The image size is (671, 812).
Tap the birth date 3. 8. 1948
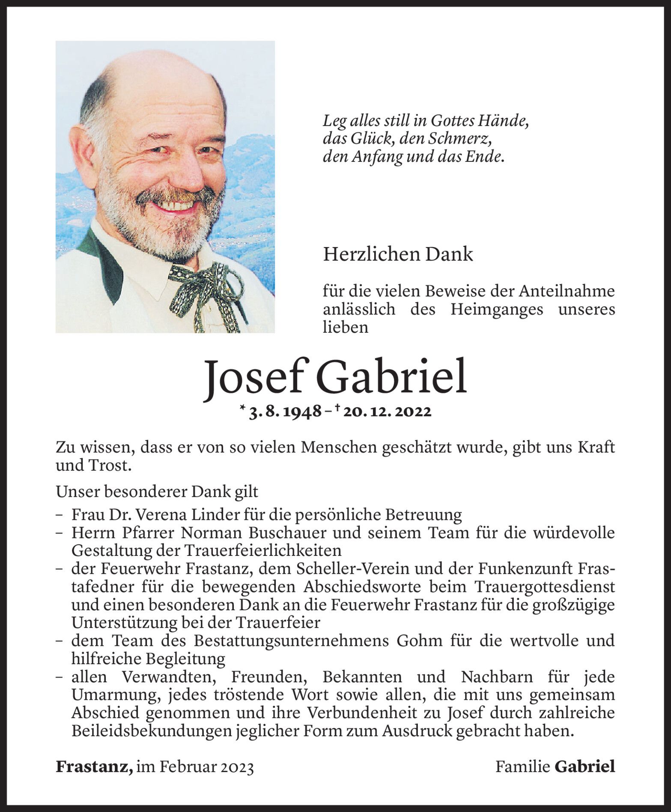click(285, 412)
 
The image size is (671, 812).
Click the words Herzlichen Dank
click(398, 254)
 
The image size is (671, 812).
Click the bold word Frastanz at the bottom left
click(94, 767)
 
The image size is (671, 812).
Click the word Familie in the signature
click(522, 767)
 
